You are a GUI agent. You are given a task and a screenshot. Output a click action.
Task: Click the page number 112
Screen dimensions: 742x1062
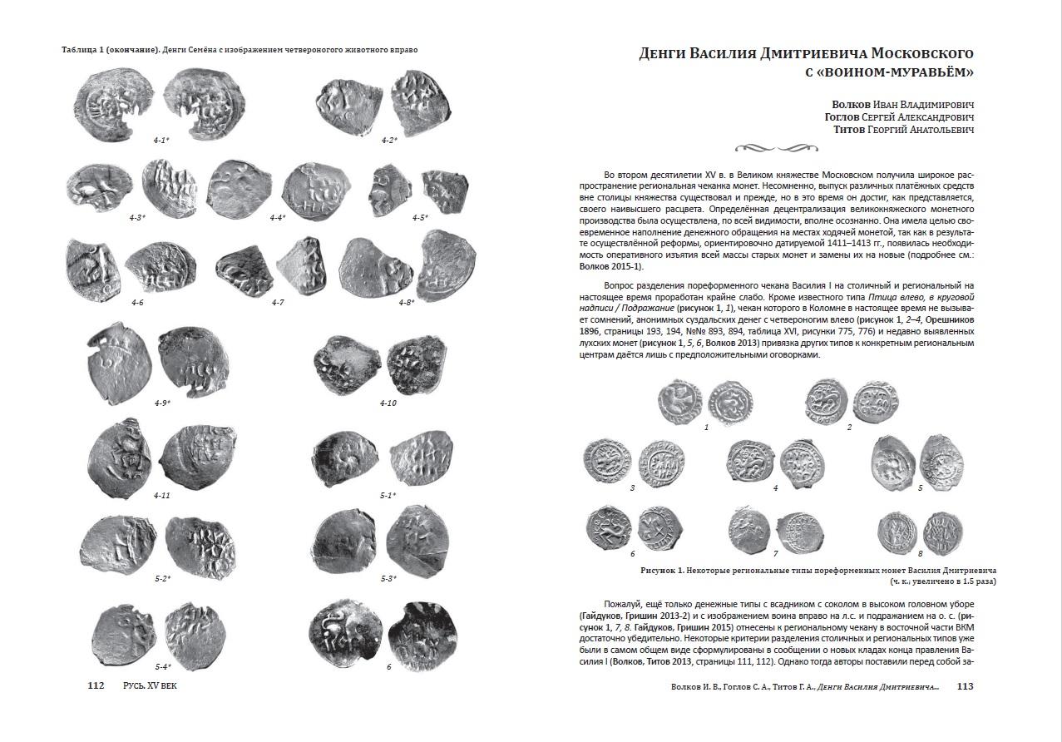click(96, 686)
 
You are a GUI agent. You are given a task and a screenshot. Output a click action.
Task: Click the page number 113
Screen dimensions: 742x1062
click(965, 687)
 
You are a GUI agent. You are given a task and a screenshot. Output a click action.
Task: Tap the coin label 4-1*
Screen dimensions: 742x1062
click(161, 141)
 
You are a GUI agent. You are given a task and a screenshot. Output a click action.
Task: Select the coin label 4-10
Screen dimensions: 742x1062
click(388, 403)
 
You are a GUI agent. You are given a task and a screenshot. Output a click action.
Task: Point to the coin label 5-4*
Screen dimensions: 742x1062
click(163, 667)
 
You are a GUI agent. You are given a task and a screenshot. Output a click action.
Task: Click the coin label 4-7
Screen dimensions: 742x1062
click(278, 302)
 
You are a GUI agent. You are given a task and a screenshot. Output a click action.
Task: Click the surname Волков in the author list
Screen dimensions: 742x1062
click(852, 105)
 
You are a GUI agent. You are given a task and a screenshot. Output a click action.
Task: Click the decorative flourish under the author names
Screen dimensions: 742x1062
click(772, 148)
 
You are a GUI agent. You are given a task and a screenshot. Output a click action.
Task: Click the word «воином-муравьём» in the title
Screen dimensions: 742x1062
click(897, 72)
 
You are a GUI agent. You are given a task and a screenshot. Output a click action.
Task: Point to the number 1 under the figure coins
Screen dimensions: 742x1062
click(706, 428)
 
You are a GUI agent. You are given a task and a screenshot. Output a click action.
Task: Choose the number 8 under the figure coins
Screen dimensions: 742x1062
click(920, 553)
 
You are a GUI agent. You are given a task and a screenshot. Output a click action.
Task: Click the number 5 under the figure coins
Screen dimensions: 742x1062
click(920, 488)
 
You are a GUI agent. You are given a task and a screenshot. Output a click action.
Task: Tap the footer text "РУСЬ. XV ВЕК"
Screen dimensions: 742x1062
click(150, 686)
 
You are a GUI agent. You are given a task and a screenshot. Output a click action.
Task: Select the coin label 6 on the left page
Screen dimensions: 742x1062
click(388, 667)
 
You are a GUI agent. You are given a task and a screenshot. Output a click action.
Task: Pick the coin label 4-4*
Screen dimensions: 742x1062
click(278, 218)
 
